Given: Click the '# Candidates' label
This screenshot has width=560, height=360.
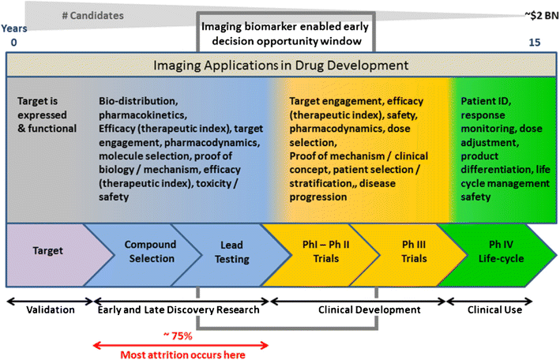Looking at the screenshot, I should click(91, 15).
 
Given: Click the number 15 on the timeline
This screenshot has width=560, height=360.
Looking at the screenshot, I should click(534, 43).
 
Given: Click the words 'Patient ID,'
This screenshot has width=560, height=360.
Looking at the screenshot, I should click(486, 101).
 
